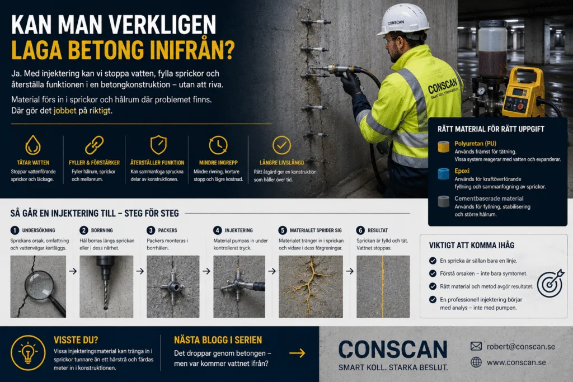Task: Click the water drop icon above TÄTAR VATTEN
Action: pos(33,145)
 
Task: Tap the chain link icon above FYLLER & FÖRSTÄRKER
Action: pos(94,145)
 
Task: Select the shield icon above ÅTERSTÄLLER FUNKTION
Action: pos(158,145)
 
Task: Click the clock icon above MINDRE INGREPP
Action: pos(218,145)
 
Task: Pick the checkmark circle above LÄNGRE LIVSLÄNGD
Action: pos(282,145)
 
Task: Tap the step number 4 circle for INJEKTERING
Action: pos(218,230)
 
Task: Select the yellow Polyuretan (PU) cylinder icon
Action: pos(443,147)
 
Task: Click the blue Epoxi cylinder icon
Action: pos(443,174)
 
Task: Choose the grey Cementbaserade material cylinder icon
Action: pos(443,201)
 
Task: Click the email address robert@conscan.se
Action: pos(521,347)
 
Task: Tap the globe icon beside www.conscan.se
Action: pos(476,362)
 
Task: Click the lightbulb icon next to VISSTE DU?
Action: pos(28,353)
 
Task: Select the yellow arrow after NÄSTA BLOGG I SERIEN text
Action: pos(297,353)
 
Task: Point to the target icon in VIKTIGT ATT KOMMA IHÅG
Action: pos(551,284)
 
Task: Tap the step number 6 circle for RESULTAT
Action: pos(360,230)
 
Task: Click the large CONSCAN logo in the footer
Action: pos(393,350)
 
